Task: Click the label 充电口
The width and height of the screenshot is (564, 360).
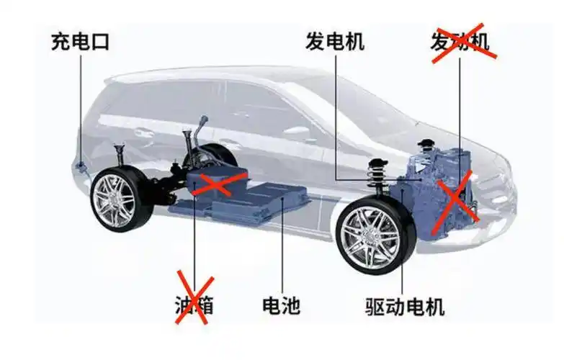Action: tap(79, 40)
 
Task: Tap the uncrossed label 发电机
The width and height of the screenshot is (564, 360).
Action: tap(335, 40)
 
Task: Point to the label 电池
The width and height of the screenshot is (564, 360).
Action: tap(282, 305)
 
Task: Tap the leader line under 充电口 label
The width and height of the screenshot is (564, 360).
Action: tap(80, 108)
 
